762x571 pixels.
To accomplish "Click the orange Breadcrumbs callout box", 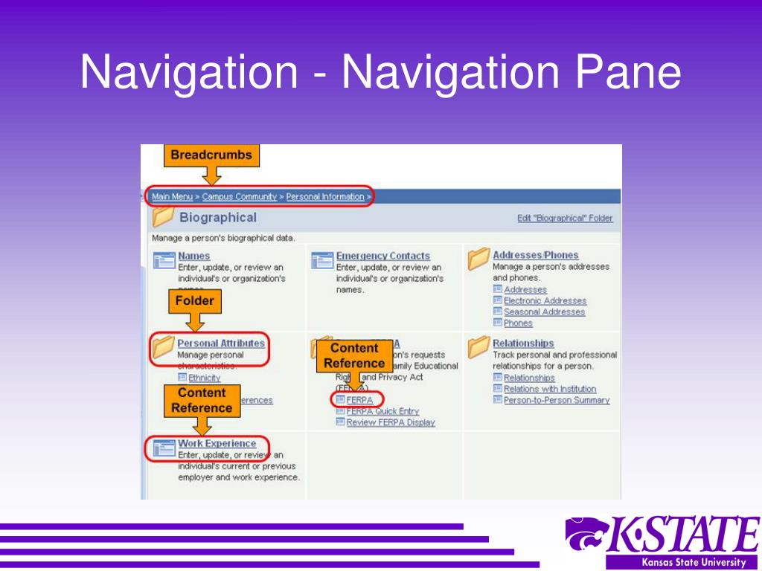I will (212, 155).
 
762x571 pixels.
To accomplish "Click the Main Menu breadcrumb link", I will (172, 197).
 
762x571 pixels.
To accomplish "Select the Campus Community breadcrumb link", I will (239, 197).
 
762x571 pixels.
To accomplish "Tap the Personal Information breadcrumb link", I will (325, 197).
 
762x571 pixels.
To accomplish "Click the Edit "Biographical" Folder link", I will (565, 219).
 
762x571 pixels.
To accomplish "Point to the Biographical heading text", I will (217, 218).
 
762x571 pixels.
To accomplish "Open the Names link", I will (193, 256).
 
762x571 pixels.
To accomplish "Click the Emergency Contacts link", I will (382, 256).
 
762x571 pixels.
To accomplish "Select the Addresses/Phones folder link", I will (535, 255).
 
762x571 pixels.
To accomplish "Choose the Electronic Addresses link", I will (545, 301).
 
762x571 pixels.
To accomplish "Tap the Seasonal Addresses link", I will (544, 312).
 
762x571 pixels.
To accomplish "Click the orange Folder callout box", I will (194, 301).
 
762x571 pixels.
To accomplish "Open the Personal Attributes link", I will (221, 343).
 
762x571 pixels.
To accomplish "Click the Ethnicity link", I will (204, 378).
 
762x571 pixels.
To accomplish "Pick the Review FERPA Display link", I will (390, 422).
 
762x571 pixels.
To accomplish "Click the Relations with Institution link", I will (549, 389).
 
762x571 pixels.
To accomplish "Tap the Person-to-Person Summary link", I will (556, 400).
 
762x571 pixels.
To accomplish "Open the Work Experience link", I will (217, 444).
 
